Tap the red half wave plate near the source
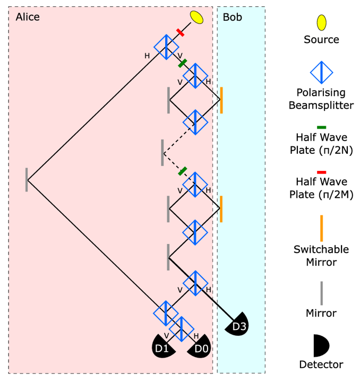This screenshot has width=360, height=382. (181, 33)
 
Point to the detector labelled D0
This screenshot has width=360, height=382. (200, 346)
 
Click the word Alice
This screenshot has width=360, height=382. (28, 17)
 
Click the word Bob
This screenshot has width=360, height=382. (232, 17)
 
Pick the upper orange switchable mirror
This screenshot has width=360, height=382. (221, 100)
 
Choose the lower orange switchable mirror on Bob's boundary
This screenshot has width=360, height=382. (221, 209)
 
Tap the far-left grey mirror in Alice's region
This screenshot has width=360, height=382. (27, 179)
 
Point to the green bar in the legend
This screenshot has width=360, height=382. (321, 127)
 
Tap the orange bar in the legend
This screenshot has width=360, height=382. (321, 228)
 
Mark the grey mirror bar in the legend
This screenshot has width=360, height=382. (321, 292)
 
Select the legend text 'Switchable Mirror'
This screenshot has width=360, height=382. (321, 255)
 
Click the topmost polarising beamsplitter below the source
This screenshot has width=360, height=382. (166, 46)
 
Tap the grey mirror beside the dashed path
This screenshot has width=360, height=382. (162, 152)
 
